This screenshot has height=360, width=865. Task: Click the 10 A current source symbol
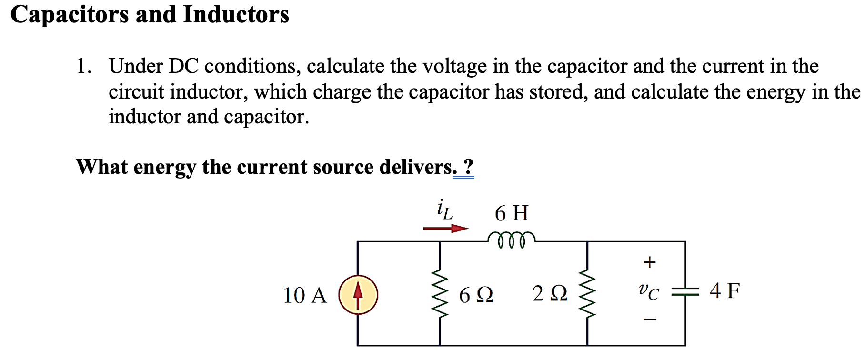[358, 295]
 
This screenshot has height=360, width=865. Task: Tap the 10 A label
[305, 296]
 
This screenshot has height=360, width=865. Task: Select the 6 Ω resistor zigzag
[440, 295]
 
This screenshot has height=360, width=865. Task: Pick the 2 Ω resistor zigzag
[587, 295]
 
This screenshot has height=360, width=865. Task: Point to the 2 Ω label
[550, 294]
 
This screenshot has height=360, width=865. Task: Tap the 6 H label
[512, 213]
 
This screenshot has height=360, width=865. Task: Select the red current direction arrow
[445, 229]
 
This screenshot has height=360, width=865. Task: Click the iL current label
[444, 210]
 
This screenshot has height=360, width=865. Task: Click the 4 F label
[724, 290]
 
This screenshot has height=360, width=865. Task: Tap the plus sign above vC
[649, 262]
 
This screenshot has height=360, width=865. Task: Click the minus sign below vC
[650, 320]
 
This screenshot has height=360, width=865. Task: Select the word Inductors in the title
[236, 14]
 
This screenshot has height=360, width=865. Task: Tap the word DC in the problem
[183, 66]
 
